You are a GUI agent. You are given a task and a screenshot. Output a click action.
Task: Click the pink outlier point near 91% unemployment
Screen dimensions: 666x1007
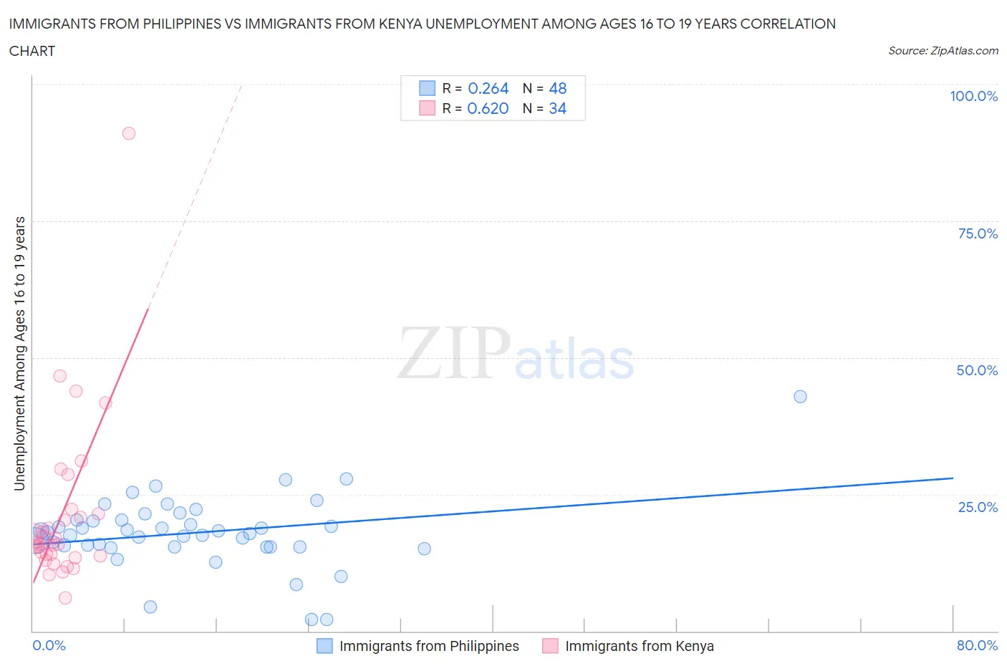click(129, 133)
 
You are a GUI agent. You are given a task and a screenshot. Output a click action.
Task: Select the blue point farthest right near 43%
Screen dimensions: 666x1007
click(800, 397)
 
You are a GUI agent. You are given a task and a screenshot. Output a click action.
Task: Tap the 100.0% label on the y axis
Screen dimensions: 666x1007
click(973, 97)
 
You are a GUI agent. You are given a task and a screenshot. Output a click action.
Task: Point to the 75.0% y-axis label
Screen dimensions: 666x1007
click(978, 233)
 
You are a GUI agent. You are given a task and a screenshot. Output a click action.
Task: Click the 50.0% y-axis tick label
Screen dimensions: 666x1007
click(977, 370)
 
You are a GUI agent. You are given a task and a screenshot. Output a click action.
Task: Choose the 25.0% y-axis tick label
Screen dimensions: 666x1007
click(978, 507)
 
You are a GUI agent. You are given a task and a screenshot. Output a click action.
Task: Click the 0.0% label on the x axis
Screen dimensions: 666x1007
click(49, 645)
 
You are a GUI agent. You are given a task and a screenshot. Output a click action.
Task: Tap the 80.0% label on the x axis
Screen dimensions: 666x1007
click(977, 645)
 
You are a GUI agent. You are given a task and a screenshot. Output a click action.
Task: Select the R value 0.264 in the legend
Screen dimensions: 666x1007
click(488, 88)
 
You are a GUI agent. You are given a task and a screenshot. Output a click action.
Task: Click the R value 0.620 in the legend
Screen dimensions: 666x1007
click(488, 108)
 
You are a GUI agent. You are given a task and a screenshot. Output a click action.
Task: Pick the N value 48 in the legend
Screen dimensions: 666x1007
click(557, 88)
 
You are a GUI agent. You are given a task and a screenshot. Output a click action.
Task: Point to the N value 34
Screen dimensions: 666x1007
click(557, 108)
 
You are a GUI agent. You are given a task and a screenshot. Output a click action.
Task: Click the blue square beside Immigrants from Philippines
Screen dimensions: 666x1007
click(324, 646)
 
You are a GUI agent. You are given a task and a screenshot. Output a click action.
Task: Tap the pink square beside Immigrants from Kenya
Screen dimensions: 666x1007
click(550, 646)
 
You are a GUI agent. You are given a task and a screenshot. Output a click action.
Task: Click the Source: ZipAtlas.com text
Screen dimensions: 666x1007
click(943, 51)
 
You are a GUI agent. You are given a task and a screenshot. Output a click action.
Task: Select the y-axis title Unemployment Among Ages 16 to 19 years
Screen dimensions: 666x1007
click(19, 354)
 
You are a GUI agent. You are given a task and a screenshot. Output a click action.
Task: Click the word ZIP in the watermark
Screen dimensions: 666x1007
click(454, 354)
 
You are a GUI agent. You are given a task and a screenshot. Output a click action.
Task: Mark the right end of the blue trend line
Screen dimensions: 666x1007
click(953, 478)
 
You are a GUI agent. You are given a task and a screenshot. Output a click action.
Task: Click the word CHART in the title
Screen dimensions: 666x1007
click(32, 51)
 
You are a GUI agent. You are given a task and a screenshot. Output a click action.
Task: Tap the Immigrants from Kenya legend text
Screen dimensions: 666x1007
click(639, 646)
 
